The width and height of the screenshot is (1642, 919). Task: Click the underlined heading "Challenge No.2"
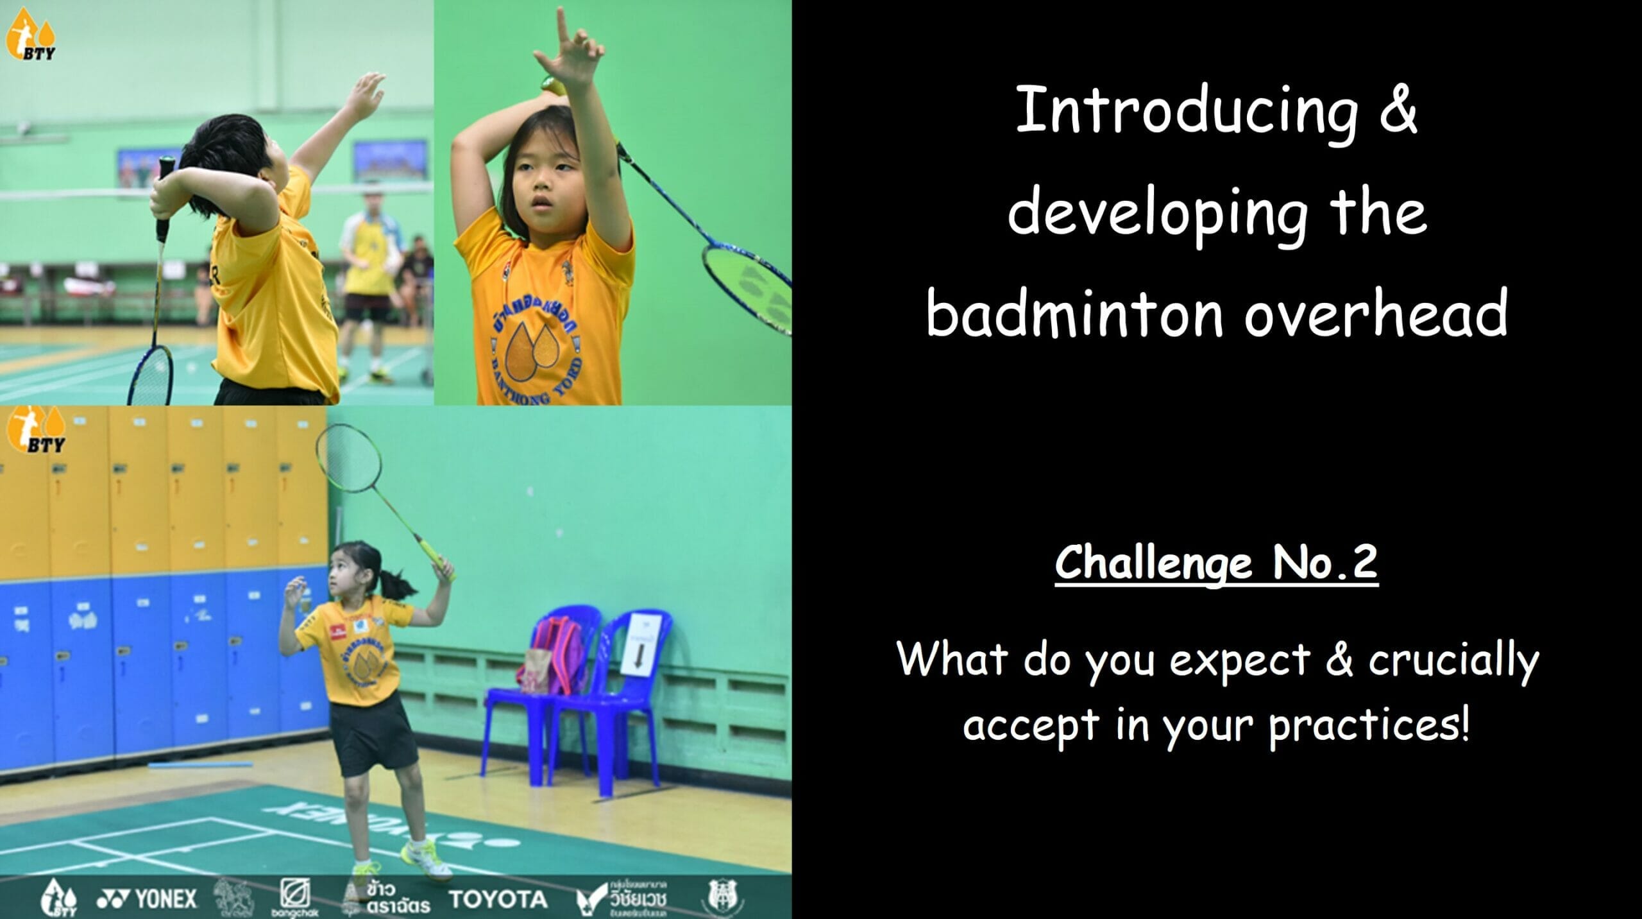[1216, 563]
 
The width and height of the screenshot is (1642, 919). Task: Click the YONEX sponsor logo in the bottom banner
[146, 898]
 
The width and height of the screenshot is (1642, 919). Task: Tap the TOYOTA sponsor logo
[498, 899]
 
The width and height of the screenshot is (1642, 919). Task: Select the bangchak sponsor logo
[295, 897]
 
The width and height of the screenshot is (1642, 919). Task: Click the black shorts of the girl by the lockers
[363, 737]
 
